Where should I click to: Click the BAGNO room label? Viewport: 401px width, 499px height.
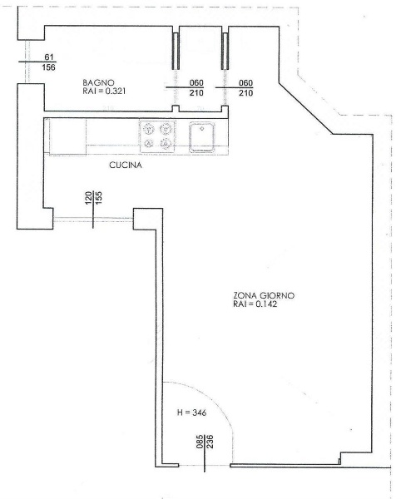[98, 82]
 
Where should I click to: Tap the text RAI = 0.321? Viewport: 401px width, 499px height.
[104, 91]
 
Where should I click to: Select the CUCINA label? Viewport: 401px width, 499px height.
[126, 166]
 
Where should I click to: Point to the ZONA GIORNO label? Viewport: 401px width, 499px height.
[264, 295]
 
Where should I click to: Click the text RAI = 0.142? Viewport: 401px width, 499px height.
[255, 304]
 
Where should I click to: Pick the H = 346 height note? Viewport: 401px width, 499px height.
[191, 413]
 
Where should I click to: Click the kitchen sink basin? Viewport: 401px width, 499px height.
[201, 137]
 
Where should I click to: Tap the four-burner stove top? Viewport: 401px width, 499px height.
[157, 136]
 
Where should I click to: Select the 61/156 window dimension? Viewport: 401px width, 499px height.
[48, 62]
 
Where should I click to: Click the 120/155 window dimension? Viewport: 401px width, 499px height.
[93, 198]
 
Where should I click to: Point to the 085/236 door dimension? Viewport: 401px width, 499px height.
[205, 442]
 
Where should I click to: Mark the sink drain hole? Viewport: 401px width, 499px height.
[201, 129]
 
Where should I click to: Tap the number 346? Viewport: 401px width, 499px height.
[200, 413]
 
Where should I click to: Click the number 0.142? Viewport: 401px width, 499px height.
[266, 304]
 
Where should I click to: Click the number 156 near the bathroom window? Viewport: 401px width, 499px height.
[48, 67]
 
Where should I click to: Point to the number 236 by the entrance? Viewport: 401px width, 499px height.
[210, 442]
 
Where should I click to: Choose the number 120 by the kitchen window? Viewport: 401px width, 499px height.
[88, 198]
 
